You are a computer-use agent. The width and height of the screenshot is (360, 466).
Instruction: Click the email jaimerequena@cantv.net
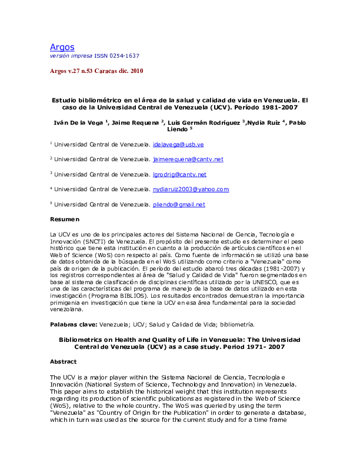click(x=188, y=159)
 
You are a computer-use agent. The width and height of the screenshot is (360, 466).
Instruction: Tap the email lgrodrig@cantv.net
click(x=179, y=175)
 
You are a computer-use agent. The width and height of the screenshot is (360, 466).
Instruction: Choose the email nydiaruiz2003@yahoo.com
click(x=190, y=189)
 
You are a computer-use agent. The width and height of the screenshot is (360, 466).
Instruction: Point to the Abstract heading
click(x=64, y=362)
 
